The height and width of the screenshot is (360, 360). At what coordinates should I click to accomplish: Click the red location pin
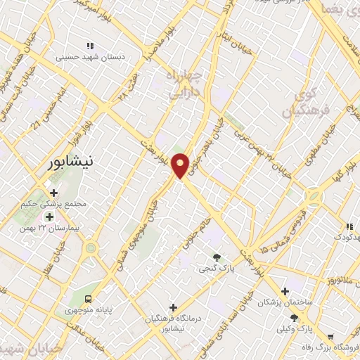point(180,165)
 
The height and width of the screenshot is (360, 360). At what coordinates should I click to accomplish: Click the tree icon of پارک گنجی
point(216,257)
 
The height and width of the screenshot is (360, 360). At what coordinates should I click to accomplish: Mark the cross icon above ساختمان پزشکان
point(284,291)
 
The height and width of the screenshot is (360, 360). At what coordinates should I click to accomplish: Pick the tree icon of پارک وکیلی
point(304,318)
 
